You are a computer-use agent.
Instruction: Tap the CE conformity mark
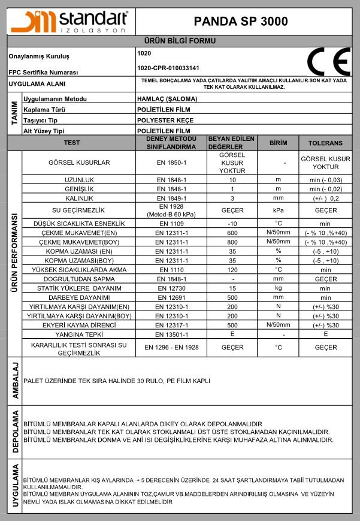328,61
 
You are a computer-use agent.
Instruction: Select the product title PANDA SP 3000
241,21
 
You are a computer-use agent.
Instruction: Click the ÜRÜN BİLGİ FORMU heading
180,41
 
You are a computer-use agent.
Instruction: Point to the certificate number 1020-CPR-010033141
168,68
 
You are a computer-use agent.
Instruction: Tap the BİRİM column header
279,143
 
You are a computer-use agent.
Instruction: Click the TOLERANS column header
325,143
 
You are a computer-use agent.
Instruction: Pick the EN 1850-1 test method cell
172,162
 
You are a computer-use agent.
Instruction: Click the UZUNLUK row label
80,180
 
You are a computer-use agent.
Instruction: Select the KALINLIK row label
80,198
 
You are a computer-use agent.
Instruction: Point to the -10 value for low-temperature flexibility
232,224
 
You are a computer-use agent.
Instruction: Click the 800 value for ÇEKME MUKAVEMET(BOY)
232,242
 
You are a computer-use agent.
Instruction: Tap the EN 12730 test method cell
172,288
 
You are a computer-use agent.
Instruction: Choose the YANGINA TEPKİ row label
80,334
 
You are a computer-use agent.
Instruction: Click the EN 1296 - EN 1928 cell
172,347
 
